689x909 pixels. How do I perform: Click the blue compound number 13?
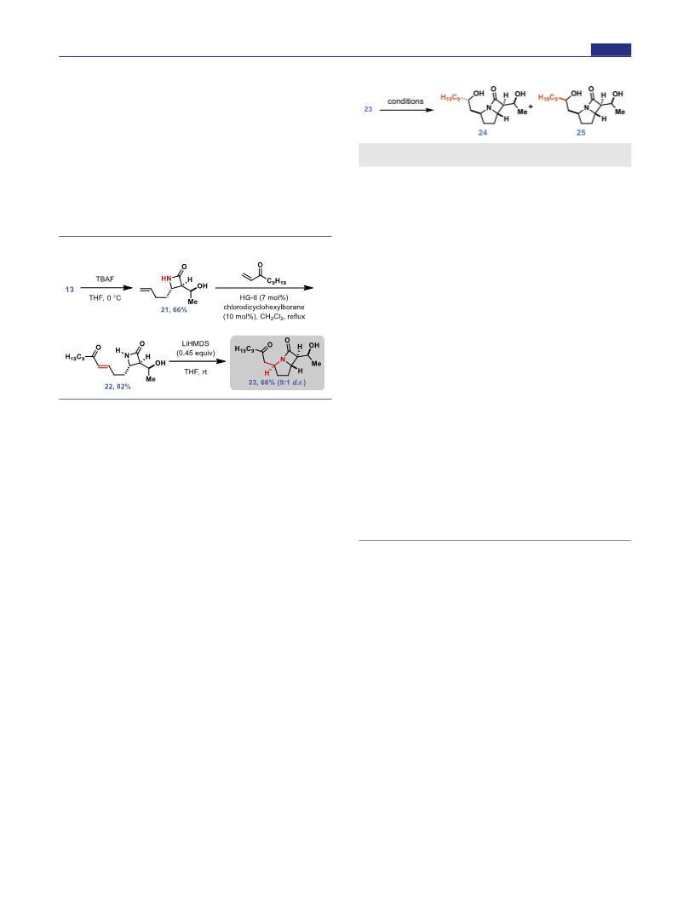[x=70, y=290]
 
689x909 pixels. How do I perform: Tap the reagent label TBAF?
[x=105, y=279]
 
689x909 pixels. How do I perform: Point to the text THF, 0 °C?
[x=105, y=298]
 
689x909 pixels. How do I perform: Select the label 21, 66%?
[x=174, y=309]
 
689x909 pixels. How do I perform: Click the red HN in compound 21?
[x=166, y=279]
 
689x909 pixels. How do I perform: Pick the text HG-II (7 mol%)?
[x=264, y=297]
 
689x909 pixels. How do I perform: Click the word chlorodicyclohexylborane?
[x=264, y=307]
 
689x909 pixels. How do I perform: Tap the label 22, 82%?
[x=118, y=386]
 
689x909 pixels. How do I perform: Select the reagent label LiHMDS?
[x=195, y=343]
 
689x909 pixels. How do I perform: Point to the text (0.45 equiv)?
[x=195, y=353]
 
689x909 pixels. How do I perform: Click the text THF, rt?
[x=195, y=371]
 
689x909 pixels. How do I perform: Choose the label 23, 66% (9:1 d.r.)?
[x=277, y=383]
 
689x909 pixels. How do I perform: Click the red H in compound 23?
[x=267, y=373]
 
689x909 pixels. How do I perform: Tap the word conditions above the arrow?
[x=405, y=101]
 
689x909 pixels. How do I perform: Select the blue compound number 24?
[x=483, y=133]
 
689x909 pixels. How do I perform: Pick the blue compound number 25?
[x=581, y=133]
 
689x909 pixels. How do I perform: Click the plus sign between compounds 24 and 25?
[x=531, y=106]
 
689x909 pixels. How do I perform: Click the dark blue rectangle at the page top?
[x=611, y=50]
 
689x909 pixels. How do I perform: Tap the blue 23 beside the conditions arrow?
[x=368, y=109]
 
